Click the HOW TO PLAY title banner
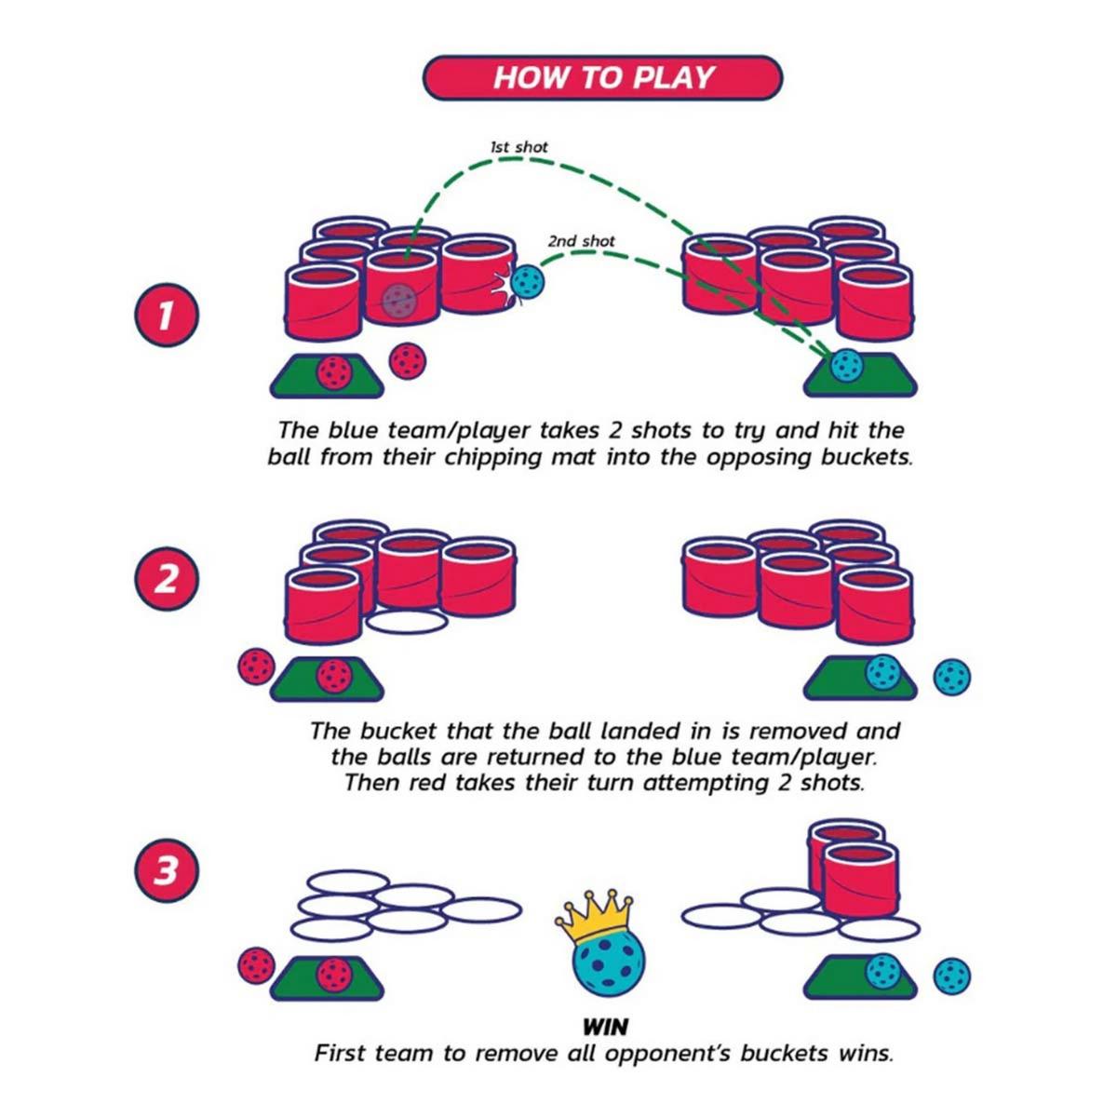pyautogui.click(x=603, y=77)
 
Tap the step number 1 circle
pyautogui.click(x=166, y=316)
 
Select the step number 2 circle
pyautogui.click(x=166, y=579)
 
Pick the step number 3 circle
pyautogui.click(x=166, y=872)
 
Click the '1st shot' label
pyautogui.click(x=518, y=147)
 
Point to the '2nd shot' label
pyautogui.click(x=581, y=241)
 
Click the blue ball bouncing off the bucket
pyautogui.click(x=529, y=283)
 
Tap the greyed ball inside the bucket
pyautogui.click(x=400, y=299)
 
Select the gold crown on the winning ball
pyautogui.click(x=596, y=917)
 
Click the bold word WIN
pyautogui.click(x=605, y=1028)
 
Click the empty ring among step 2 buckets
pyautogui.click(x=408, y=621)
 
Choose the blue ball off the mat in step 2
pyautogui.click(x=951, y=676)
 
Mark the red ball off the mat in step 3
pyautogui.click(x=256, y=965)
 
